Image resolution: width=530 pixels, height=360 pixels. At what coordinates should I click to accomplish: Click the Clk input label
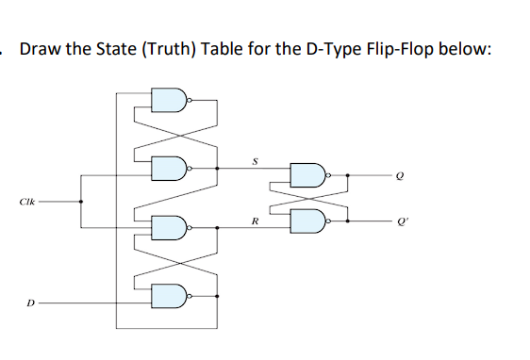[x=24, y=201]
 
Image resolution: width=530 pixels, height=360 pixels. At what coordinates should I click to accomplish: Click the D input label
[x=30, y=303]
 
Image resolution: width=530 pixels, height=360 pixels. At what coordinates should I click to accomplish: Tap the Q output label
[x=401, y=175]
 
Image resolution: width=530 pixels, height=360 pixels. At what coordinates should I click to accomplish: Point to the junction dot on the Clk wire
[x=81, y=201]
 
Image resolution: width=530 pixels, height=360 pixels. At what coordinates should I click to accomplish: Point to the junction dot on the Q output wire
[x=349, y=175]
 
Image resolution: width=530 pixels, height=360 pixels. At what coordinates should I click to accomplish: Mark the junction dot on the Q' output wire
[x=349, y=221]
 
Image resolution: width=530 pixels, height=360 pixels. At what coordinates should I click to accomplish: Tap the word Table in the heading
[x=218, y=50]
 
